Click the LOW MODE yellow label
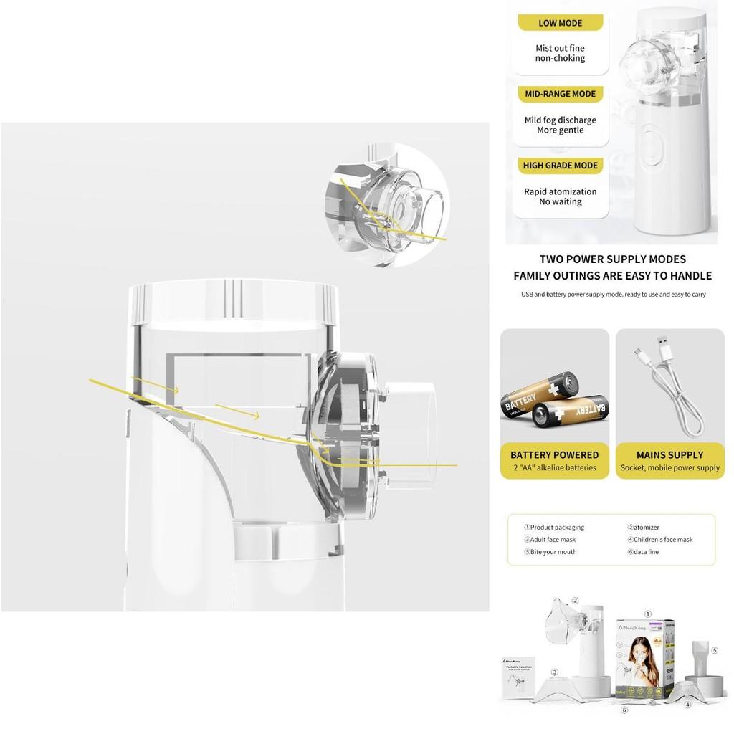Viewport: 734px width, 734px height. pos(560,23)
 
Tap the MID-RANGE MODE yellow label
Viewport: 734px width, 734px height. pos(560,94)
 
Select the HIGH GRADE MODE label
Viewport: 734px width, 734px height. pos(560,166)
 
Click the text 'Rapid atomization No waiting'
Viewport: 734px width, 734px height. pos(560,196)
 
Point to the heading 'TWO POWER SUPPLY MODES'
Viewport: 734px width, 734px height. pos(612,259)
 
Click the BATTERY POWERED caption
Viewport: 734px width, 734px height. pos(554,454)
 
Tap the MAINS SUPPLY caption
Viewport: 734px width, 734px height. pos(669,454)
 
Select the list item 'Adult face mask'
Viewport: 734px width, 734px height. pos(550,540)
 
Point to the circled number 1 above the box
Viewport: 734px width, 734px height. pos(648,614)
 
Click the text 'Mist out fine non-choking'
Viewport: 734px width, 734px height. pos(560,53)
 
